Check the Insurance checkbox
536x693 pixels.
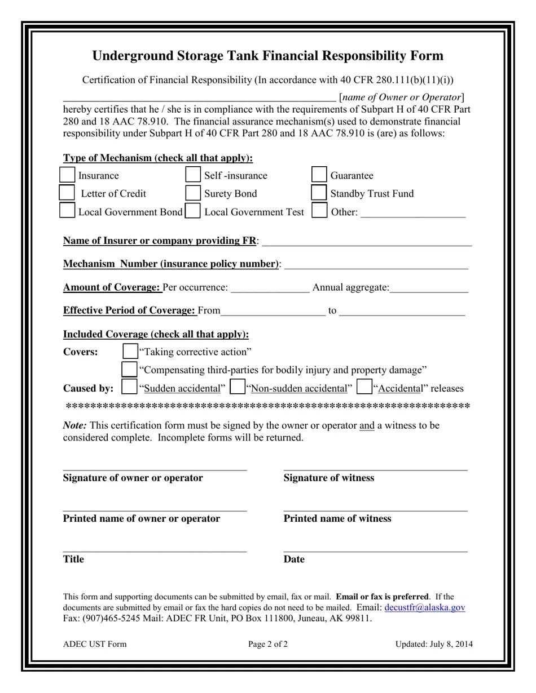67,175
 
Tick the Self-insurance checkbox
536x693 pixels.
193,175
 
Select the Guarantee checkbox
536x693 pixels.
319,175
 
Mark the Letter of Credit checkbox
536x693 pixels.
67,193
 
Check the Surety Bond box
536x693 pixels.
193,193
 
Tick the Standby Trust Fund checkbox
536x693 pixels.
319,193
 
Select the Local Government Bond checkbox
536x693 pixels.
67,211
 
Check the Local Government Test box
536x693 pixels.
193,211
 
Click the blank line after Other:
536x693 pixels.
412,214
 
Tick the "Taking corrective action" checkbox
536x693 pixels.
130,352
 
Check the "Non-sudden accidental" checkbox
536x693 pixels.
238,387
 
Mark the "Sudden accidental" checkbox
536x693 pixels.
129,387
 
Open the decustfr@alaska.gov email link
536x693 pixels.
424,607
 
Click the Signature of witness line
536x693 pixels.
375,467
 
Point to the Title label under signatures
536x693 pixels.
73,559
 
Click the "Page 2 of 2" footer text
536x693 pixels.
268,644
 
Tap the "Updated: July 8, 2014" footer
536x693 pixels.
434,644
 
